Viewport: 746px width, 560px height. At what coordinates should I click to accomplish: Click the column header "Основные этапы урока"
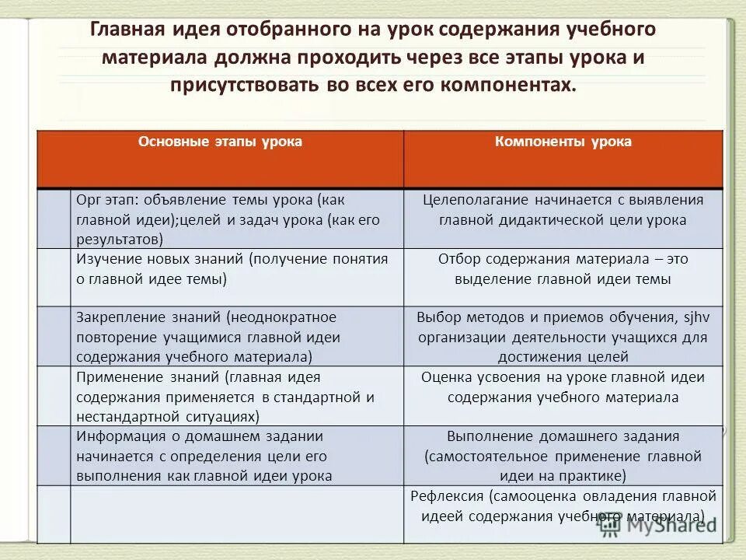click(x=220, y=142)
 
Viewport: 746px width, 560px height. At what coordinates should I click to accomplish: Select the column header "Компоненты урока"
click(x=563, y=142)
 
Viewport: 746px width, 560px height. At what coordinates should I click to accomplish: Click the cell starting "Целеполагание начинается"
click(x=563, y=210)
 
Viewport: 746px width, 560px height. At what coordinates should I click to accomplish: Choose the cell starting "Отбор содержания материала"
click(x=563, y=269)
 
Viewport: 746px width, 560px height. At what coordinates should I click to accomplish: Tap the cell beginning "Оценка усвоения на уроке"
click(x=563, y=387)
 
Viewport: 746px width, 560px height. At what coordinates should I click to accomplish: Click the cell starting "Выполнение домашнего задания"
click(x=563, y=456)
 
